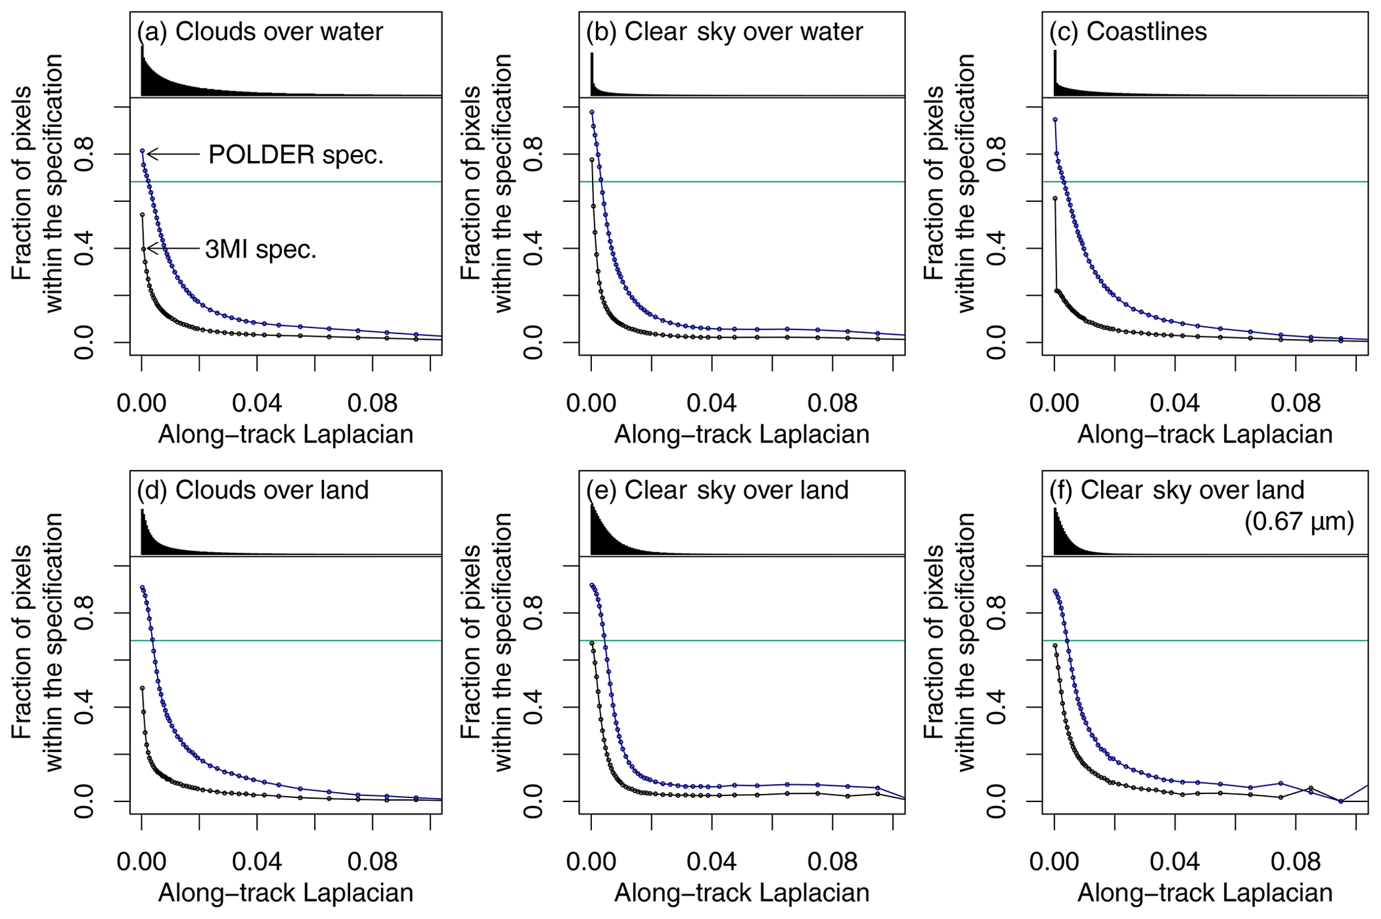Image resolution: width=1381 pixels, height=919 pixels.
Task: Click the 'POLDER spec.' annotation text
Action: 296,155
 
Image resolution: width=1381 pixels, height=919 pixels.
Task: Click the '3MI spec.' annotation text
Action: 261,249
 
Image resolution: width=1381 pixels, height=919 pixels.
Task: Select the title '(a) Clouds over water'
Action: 261,31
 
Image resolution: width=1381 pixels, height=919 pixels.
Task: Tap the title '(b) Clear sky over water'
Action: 724,31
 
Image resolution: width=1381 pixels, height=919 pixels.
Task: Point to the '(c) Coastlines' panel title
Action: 1128,31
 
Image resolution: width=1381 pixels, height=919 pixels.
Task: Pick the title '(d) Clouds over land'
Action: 253,490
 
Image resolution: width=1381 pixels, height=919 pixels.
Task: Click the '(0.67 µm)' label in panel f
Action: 1299,521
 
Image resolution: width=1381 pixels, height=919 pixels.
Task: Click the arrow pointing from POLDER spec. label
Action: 172,155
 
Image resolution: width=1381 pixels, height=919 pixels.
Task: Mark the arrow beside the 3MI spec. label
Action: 172,249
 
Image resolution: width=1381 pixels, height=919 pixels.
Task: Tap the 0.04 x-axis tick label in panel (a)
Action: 257,403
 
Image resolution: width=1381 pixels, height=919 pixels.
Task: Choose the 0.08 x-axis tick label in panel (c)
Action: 1295,403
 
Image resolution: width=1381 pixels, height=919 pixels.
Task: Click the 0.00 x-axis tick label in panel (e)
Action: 591,862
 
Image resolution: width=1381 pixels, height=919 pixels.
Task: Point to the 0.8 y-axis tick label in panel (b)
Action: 532,154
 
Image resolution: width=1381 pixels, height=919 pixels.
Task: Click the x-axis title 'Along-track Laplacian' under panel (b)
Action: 742,435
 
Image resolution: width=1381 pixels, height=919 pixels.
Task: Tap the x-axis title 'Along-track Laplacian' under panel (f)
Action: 1205,894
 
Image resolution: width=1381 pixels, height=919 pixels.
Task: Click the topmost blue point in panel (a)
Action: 142,151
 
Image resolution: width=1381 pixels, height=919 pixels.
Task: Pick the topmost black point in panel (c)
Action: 1055,199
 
